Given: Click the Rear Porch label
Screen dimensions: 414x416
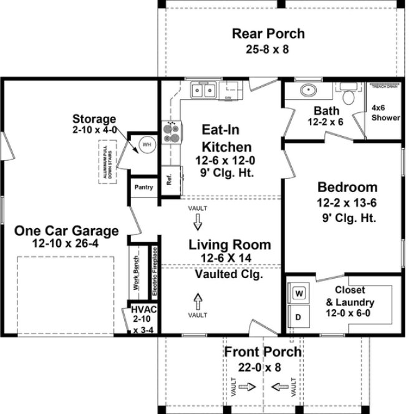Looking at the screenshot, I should coord(268,34).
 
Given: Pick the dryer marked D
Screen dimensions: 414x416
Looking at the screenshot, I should coord(299,316).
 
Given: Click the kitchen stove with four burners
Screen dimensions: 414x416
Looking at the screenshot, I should coord(171,132).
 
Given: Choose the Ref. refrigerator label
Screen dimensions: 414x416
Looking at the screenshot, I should coord(168,180).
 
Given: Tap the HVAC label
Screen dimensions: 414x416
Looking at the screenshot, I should coord(139,310).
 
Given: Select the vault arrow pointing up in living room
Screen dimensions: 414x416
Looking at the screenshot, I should coord(198,302).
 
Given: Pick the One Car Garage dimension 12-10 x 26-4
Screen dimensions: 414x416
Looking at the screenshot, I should coord(66,243).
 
